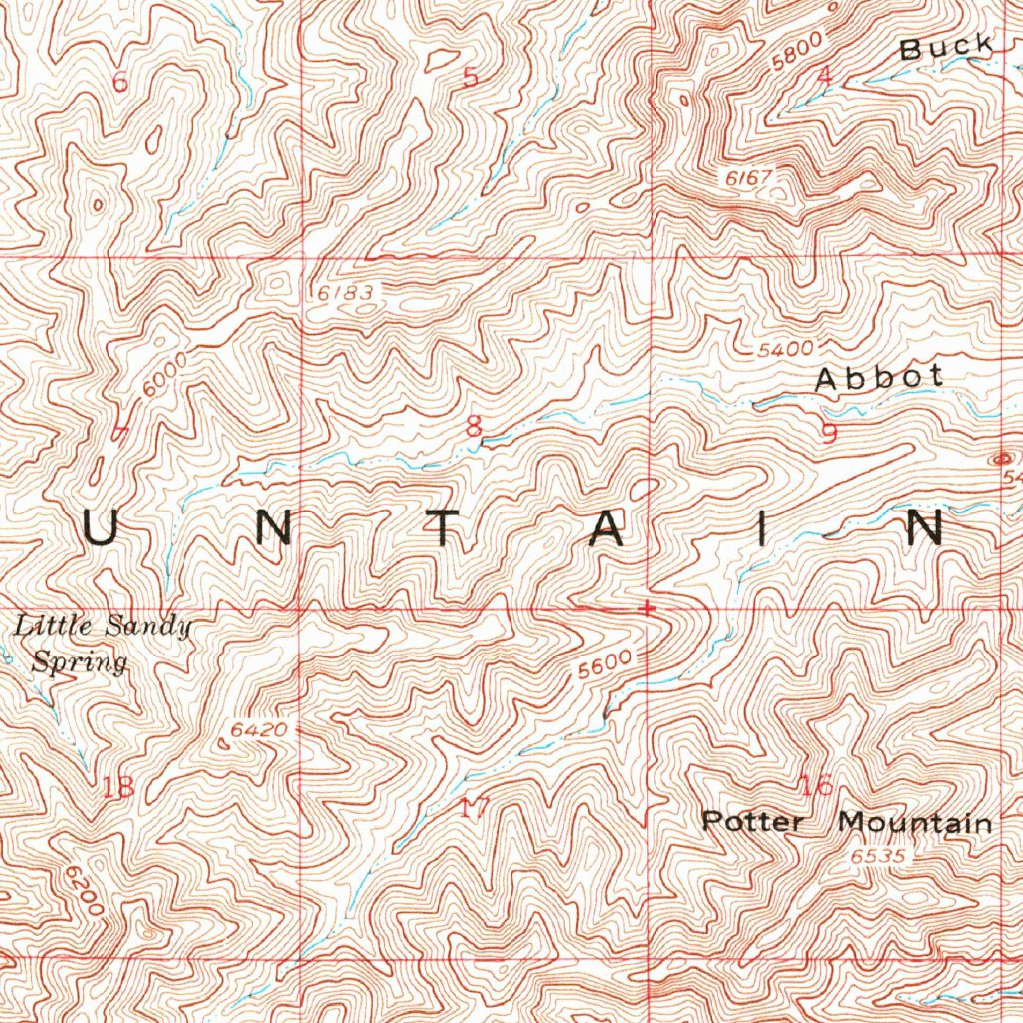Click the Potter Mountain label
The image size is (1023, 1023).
click(x=847, y=823)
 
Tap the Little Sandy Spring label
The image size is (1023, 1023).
click(x=101, y=644)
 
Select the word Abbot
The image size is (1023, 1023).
click(x=879, y=377)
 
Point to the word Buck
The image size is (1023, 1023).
click(x=946, y=46)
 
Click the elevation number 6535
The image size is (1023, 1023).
click(x=878, y=857)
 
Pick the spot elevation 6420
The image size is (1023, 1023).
click(x=259, y=730)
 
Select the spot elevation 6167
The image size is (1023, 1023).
click(x=750, y=177)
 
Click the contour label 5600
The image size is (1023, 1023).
click(x=605, y=665)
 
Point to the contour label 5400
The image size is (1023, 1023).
click(x=785, y=350)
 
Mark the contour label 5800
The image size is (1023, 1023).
click(x=798, y=51)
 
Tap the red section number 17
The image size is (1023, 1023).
click(x=474, y=808)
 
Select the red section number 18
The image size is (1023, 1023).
click(x=118, y=787)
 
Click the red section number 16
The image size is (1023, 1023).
click(x=817, y=785)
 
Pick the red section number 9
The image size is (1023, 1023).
click(x=828, y=434)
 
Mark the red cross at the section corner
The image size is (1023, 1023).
click(x=649, y=606)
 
